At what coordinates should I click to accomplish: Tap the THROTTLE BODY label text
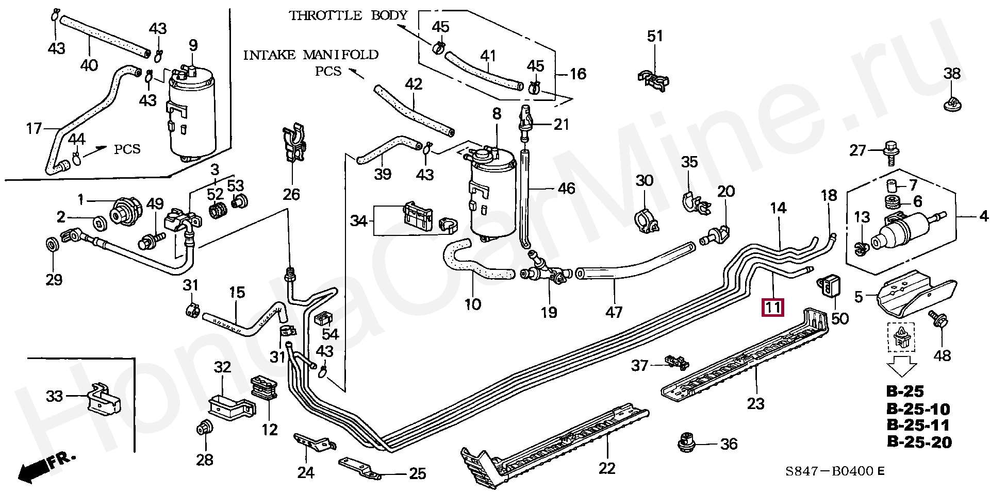[x=349, y=15]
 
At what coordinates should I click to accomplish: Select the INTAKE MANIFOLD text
[x=311, y=55]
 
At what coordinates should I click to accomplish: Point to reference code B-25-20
[x=919, y=442]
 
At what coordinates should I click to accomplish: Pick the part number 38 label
[x=952, y=73]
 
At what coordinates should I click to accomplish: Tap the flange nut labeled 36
[x=686, y=442]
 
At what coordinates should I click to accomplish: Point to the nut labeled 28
[x=204, y=427]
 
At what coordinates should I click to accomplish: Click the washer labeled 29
[x=52, y=243]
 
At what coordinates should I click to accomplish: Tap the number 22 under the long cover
[x=607, y=468]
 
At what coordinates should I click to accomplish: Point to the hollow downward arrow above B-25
[x=901, y=367]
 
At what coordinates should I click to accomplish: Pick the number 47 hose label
[x=614, y=312]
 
